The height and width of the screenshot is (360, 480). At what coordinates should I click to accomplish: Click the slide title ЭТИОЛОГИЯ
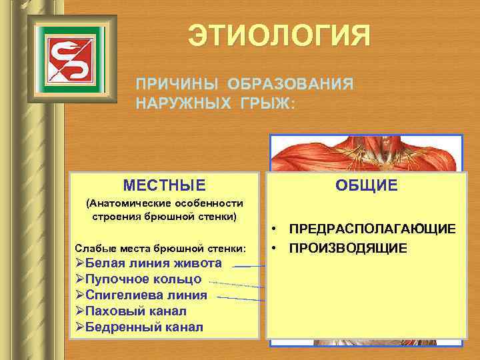click(x=278, y=35)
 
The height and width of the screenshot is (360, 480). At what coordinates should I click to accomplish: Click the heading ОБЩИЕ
click(x=365, y=185)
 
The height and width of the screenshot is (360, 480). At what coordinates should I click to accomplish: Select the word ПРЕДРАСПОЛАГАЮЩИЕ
click(x=372, y=229)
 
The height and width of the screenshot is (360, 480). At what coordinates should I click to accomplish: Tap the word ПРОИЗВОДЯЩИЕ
click(x=347, y=248)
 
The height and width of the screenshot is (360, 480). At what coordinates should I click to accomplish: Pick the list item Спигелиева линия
click(x=147, y=295)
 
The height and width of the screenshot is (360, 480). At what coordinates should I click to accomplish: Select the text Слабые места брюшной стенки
click(x=161, y=248)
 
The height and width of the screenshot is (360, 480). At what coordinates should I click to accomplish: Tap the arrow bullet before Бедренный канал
click(x=80, y=327)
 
